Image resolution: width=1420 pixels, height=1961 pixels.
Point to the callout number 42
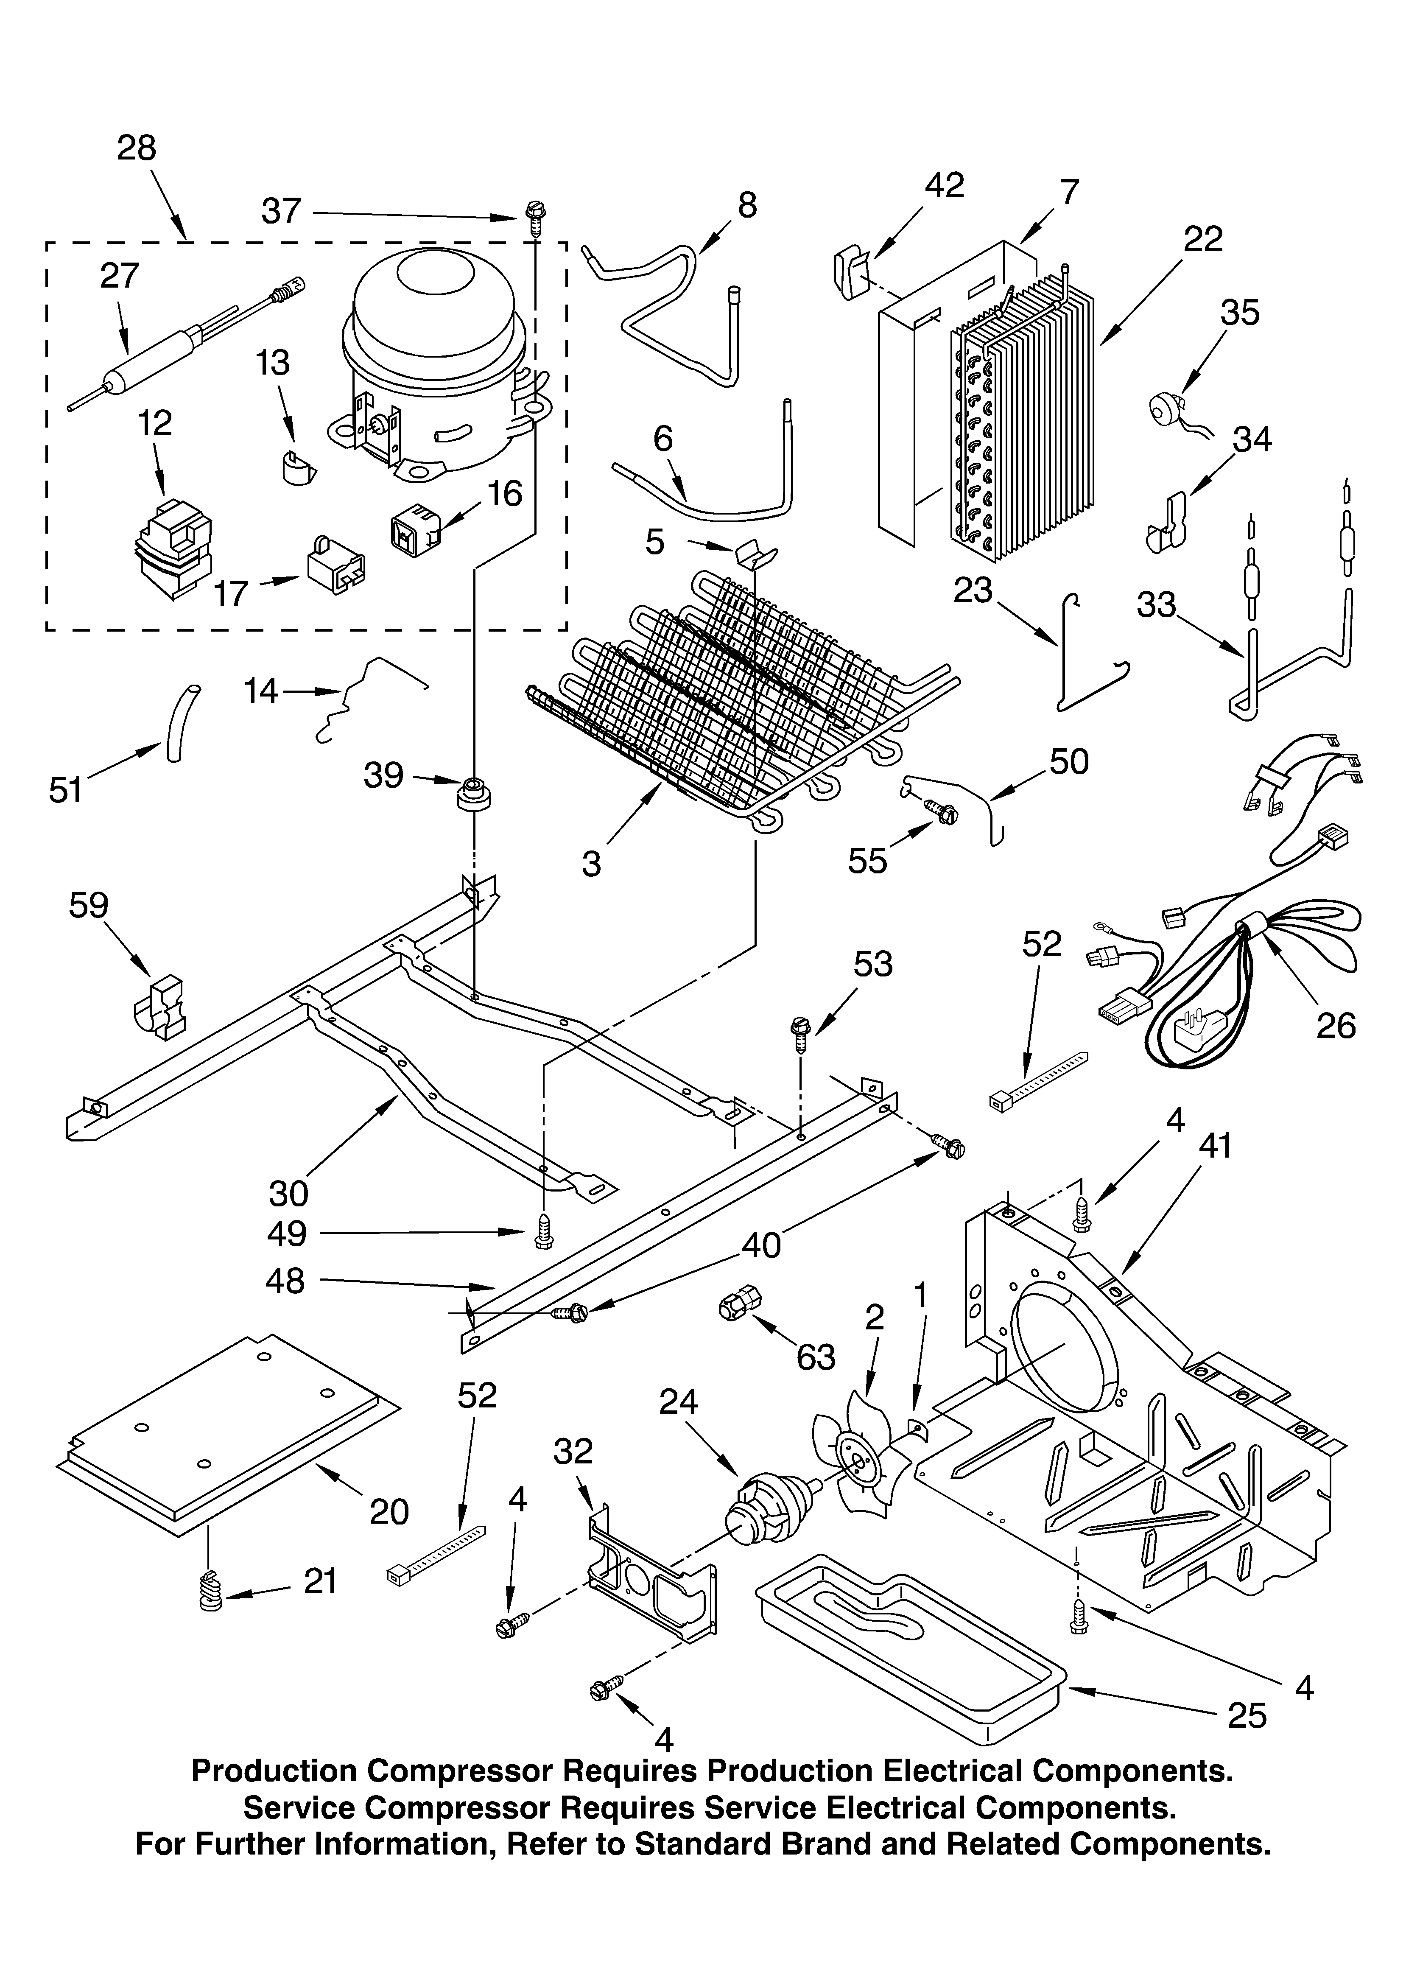click(x=945, y=185)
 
